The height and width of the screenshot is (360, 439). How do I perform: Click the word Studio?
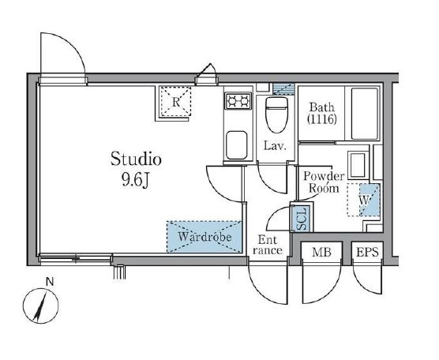click(x=136, y=159)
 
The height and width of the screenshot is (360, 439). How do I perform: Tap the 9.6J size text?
click(x=135, y=180)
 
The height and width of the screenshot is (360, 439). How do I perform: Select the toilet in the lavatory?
click(x=276, y=114)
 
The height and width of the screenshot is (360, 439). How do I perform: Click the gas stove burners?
click(x=238, y=100)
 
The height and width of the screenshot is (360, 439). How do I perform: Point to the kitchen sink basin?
click(x=237, y=145)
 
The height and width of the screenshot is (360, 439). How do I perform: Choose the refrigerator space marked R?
click(x=175, y=102)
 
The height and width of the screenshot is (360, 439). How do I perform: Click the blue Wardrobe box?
click(x=204, y=237)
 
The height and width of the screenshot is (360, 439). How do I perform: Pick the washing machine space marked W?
click(x=364, y=200)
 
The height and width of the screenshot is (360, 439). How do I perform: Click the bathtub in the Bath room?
click(x=365, y=114)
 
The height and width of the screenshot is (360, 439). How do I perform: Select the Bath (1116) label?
click(x=322, y=114)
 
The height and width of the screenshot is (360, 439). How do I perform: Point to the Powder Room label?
click(x=324, y=182)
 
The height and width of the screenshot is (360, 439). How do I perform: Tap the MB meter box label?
click(x=321, y=253)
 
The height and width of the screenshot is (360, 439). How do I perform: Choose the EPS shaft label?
click(x=367, y=252)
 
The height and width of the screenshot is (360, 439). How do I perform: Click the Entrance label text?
click(x=268, y=245)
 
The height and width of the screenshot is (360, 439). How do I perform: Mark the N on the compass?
click(x=50, y=282)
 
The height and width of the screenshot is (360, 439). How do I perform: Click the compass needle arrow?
click(x=40, y=306)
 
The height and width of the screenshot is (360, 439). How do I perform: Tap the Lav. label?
click(x=276, y=145)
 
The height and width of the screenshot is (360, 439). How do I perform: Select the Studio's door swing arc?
click(x=219, y=189)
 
